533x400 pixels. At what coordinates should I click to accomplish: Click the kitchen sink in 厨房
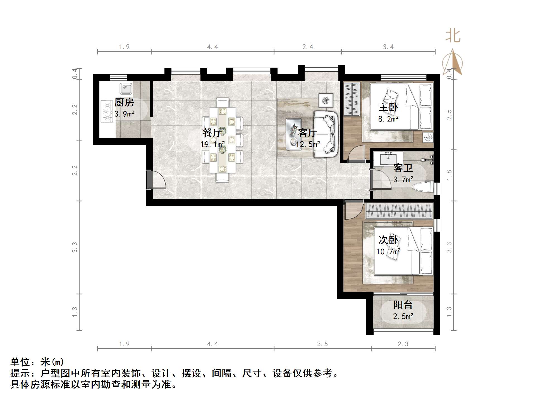click(x=126, y=89)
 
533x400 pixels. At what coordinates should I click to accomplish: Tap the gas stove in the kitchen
click(x=107, y=111)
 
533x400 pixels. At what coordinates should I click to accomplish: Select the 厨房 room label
click(x=124, y=103)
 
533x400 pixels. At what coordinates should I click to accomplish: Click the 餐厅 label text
click(x=212, y=132)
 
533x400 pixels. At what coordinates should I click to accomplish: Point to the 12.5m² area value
click(x=308, y=144)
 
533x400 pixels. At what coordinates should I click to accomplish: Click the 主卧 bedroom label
click(x=388, y=107)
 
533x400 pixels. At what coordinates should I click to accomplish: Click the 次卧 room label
click(x=388, y=240)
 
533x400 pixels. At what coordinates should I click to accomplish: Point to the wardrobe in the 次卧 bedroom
click(x=399, y=211)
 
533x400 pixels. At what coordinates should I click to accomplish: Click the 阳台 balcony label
click(x=403, y=304)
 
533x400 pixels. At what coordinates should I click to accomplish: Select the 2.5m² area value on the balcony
click(x=403, y=316)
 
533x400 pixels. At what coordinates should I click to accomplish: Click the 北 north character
click(x=453, y=36)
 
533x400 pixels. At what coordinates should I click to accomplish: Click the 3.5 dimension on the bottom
click(x=322, y=344)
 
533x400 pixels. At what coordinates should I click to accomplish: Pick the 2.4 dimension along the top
click(x=308, y=47)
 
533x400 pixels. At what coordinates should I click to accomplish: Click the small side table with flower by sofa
click(x=326, y=100)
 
